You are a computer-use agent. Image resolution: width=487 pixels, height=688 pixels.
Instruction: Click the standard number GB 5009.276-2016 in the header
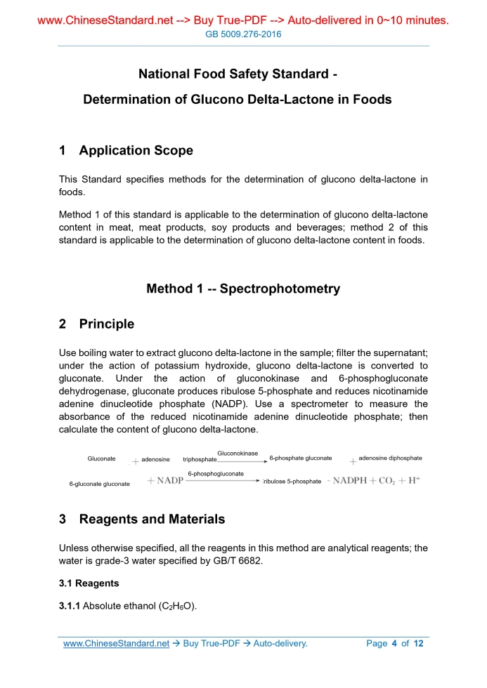click(243, 34)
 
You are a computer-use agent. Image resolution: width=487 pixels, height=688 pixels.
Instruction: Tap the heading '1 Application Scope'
click(126, 151)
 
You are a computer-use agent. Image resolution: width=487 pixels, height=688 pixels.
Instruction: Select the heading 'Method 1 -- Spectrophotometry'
click(243, 289)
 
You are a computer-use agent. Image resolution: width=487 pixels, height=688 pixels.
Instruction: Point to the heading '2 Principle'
click(96, 324)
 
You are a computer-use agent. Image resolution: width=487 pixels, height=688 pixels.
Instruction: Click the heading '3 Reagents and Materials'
click(142, 520)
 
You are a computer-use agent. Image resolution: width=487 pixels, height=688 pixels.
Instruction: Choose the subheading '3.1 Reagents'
click(89, 583)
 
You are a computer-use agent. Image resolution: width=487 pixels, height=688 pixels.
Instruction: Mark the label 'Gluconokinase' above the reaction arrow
click(238, 453)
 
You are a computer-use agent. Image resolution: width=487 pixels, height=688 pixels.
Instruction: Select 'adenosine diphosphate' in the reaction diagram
click(390, 458)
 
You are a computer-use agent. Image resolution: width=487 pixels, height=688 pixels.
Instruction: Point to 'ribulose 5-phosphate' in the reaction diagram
click(292, 482)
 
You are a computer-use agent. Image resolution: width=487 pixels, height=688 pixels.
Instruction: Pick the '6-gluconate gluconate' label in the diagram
click(99, 484)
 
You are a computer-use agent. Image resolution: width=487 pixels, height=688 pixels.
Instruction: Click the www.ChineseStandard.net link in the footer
click(116, 643)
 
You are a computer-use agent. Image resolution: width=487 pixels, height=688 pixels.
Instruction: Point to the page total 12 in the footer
click(419, 643)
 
